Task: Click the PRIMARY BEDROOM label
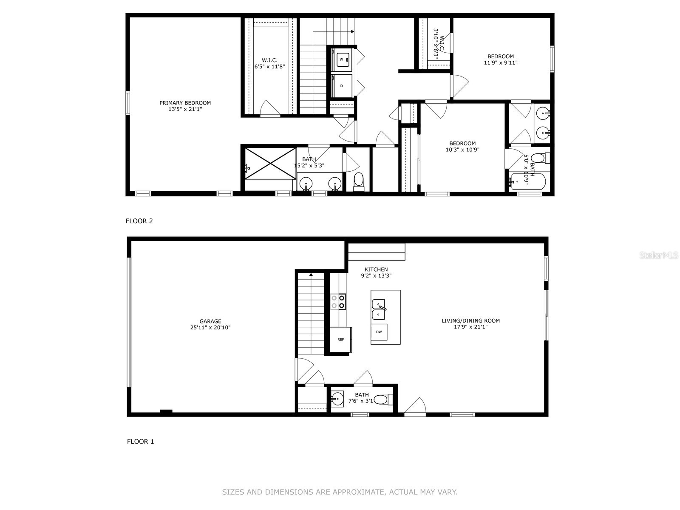click(x=185, y=103)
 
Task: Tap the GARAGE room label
click(x=210, y=321)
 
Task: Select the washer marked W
click(x=342, y=60)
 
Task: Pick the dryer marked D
click(x=342, y=86)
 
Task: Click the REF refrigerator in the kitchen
click(x=340, y=339)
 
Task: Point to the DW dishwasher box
click(x=379, y=332)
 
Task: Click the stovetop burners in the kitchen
click(x=338, y=302)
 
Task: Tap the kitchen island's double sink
click(x=378, y=309)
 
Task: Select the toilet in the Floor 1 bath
click(x=384, y=399)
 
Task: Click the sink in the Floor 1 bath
click(x=337, y=399)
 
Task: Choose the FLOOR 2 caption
click(x=139, y=221)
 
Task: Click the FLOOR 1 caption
click(x=140, y=442)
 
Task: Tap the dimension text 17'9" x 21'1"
click(x=470, y=327)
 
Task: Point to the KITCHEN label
click(x=376, y=269)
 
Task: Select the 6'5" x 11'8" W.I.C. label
click(x=269, y=66)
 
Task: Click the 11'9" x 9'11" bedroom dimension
click(x=500, y=62)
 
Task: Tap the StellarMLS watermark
click(x=659, y=255)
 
